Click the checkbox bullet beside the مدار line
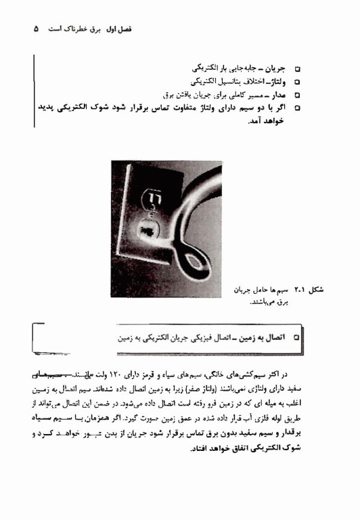tap(298, 94)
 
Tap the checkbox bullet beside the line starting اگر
tap(298, 107)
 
